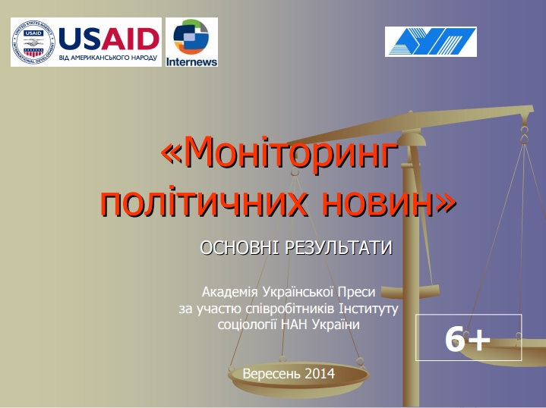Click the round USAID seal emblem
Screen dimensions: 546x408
tap(33, 42)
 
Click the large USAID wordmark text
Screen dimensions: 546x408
tap(109, 38)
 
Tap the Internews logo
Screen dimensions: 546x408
tap(191, 42)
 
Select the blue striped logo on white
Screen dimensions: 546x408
tap(431, 42)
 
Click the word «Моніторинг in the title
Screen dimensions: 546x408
tap(279, 154)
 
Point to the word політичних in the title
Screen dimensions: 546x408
tap(205, 202)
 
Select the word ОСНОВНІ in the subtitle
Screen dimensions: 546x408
tap(239, 248)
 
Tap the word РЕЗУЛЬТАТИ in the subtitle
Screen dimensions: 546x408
tap(339, 248)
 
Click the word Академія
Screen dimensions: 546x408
tap(230, 292)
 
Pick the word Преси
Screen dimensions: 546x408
tap(358, 292)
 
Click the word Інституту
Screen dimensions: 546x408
tap(369, 309)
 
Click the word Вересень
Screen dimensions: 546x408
tap(271, 374)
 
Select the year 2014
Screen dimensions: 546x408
tap(320, 374)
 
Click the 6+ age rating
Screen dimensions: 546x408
tap(468, 340)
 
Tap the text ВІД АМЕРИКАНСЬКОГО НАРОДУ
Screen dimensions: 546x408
tap(108, 58)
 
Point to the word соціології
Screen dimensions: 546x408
tap(247, 325)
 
